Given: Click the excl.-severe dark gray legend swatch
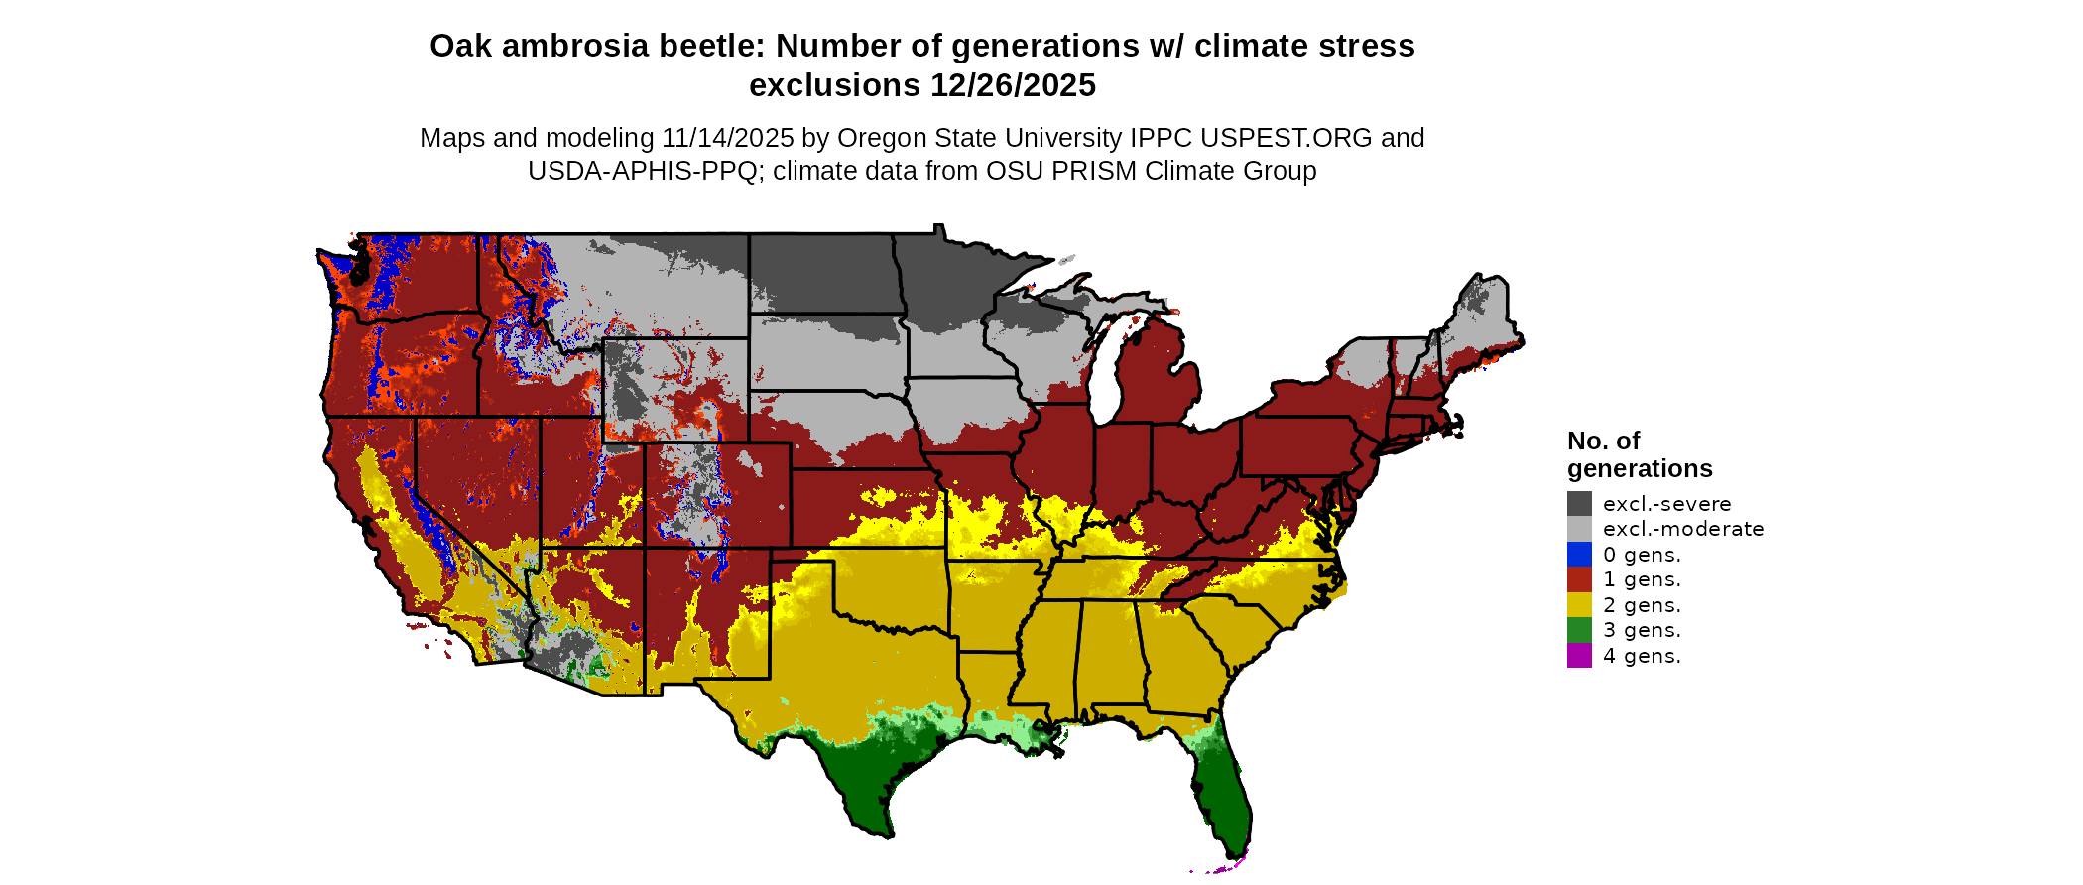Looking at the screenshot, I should click(1579, 504).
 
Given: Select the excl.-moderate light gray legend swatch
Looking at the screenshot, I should click(1579, 529).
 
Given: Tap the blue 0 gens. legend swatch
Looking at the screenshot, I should click(1579, 555).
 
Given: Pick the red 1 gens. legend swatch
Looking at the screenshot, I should click(1579, 579).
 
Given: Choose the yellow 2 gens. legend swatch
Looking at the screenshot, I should click(1579, 605).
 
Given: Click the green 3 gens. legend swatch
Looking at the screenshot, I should click(1579, 630).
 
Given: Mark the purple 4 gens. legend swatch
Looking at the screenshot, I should click(1579, 656).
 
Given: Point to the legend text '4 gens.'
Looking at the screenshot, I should click(1642, 656).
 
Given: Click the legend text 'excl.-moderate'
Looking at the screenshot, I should click(1683, 529).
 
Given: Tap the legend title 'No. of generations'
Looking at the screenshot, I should click(1639, 454).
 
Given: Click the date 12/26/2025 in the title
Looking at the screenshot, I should click(1013, 86).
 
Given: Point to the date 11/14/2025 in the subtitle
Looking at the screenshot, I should click(728, 138).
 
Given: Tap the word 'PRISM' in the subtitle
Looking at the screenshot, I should click(1094, 171).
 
